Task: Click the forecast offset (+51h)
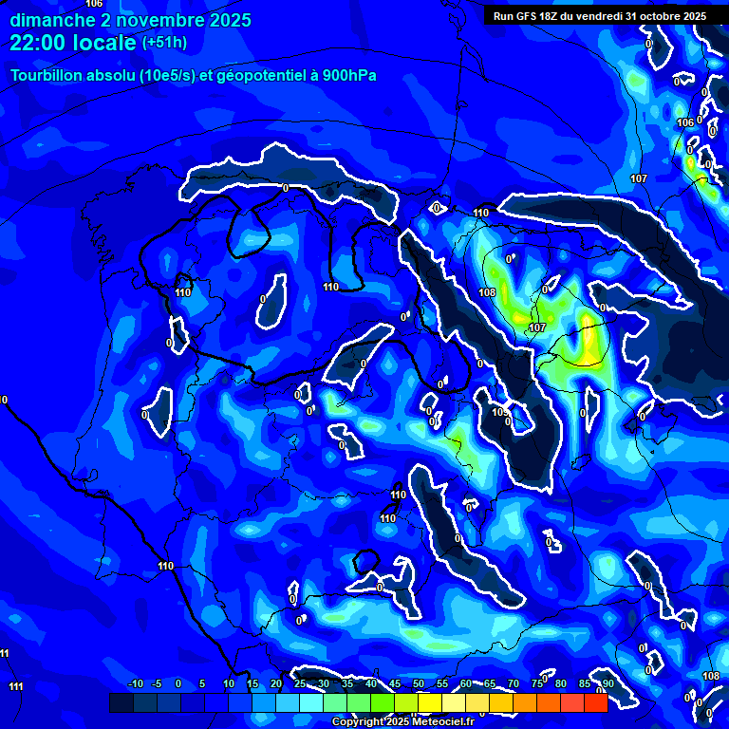(164, 42)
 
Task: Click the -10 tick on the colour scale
(135, 683)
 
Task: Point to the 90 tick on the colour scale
(607, 683)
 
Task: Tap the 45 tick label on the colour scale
(394, 683)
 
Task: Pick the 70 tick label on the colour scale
(513, 683)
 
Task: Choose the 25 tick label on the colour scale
(299, 683)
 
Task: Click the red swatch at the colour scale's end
(595, 702)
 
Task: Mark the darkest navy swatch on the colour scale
(121, 702)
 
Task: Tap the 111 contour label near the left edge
(15, 686)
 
